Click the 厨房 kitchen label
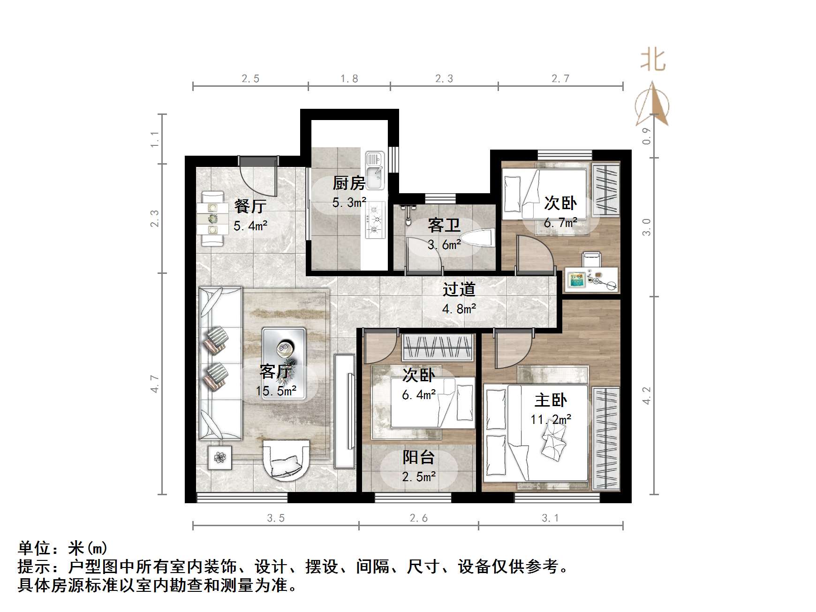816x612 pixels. (348, 183)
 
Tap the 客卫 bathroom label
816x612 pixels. (444, 226)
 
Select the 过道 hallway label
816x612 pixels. (459, 289)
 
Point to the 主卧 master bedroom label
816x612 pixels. (551, 400)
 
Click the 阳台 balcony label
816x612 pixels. (418, 457)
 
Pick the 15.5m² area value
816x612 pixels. (276, 391)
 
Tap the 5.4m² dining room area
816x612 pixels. (250, 226)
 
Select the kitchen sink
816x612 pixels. (375, 171)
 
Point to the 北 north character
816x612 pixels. (653, 60)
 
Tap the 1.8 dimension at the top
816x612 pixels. (349, 79)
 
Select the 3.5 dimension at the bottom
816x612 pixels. (276, 518)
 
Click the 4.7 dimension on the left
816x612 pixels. (155, 384)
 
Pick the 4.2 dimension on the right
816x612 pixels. (647, 395)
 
